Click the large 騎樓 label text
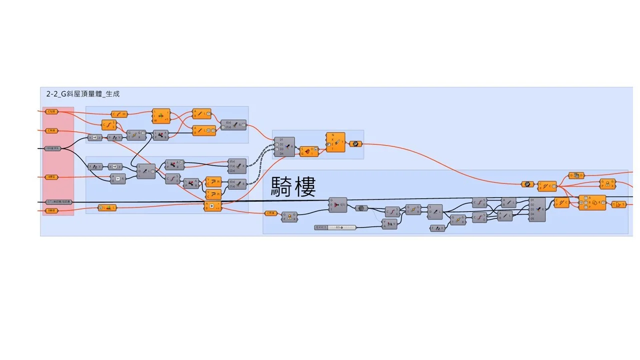(293, 186)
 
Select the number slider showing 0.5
(335, 227)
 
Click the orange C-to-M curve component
(119, 114)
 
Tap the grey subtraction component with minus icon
(118, 178)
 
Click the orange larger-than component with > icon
(213, 206)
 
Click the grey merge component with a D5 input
(537, 209)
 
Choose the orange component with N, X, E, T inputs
(335, 142)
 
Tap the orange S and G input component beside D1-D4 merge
(308, 151)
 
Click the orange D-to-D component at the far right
(576, 175)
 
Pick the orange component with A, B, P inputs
(592, 202)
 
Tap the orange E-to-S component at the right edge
(618, 204)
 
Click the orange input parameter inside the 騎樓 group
(271, 213)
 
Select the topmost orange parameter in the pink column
(51, 111)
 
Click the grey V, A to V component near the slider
(389, 224)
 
